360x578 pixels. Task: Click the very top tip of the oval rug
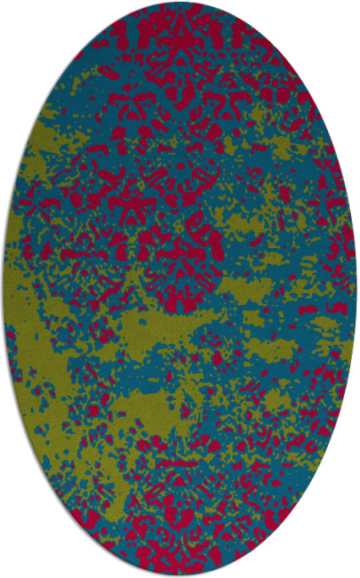(x=180, y=3)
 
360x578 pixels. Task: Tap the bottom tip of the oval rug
(x=180, y=575)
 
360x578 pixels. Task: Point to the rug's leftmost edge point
(x=3, y=289)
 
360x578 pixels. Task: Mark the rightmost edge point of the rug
(x=357, y=289)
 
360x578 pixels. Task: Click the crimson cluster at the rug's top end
(x=178, y=36)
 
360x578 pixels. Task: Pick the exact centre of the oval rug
(x=180, y=289)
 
